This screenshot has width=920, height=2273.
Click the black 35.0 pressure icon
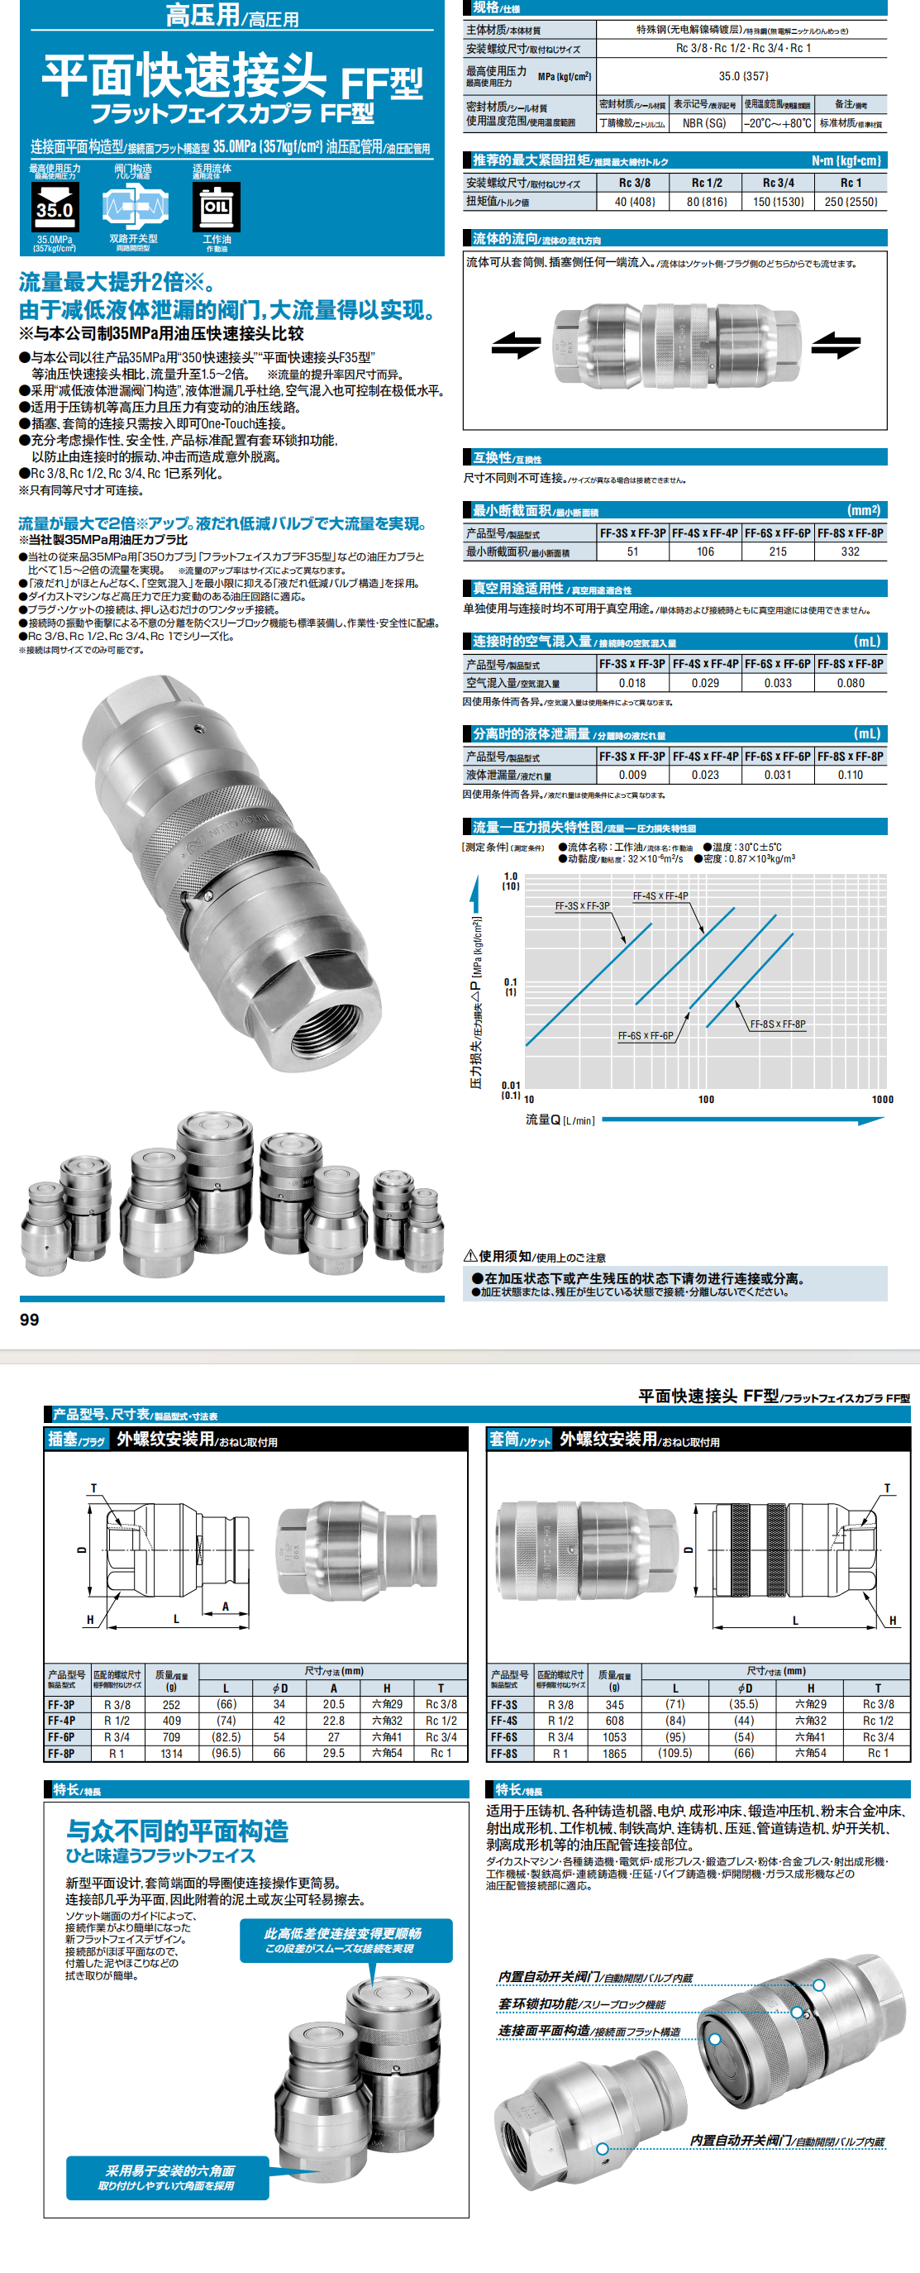[x=55, y=207]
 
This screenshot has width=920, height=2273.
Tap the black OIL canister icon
[x=216, y=207]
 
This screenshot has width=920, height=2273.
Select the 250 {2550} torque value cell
[x=851, y=201]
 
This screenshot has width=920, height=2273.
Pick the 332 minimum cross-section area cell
[x=850, y=552]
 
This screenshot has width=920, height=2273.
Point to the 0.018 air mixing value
[x=632, y=683]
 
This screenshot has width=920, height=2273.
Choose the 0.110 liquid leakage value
[x=851, y=775]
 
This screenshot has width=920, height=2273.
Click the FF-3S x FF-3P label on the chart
[x=582, y=906]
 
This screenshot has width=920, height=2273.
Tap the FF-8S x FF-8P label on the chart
[x=777, y=1024]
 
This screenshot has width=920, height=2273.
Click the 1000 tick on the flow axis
[x=882, y=1100]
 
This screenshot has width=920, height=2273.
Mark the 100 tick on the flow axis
[x=706, y=1100]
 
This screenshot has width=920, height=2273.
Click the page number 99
[x=29, y=1319]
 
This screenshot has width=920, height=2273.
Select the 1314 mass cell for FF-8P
[x=171, y=1753]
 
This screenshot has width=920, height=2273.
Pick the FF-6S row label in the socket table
[x=503, y=1736]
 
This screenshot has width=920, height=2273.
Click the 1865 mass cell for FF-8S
[x=614, y=1753]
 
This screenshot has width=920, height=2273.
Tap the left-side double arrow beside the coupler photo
[x=516, y=344]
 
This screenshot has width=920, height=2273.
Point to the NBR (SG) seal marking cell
[x=704, y=123]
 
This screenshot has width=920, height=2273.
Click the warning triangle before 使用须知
[x=470, y=1256]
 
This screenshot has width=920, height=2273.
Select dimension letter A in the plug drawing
[x=225, y=1607]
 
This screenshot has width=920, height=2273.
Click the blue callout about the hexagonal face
[x=167, y=2178]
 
